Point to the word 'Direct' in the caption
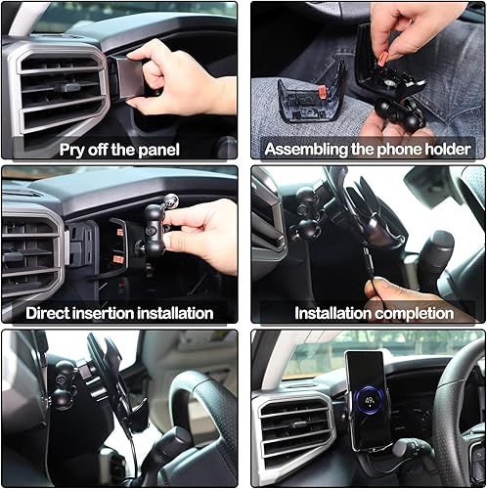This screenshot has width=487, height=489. (53, 314)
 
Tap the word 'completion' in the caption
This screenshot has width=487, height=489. (415, 314)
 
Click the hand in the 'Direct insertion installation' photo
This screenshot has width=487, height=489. (205, 235)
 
